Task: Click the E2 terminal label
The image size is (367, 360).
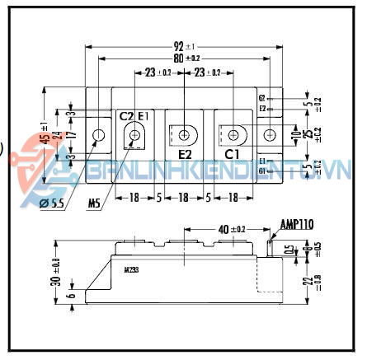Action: click(x=185, y=154)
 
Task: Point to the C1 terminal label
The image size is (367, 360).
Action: click(x=233, y=154)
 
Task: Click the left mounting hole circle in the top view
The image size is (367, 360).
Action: click(x=100, y=134)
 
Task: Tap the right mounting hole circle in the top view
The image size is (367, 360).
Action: click(x=271, y=133)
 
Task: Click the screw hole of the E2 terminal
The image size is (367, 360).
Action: click(x=185, y=133)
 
